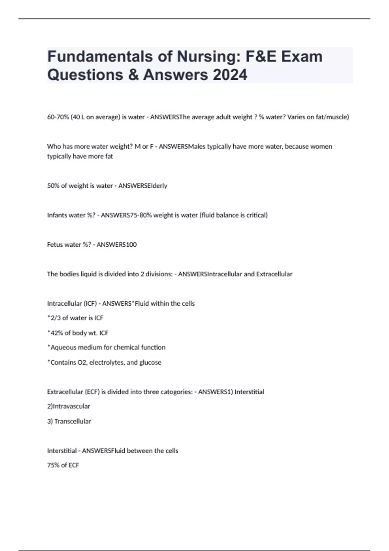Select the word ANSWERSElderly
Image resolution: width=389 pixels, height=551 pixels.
click(143, 186)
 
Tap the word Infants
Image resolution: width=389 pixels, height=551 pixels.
click(57, 215)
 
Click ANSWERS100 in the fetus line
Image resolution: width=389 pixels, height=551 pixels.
click(117, 245)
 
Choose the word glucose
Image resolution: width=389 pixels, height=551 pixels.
click(150, 362)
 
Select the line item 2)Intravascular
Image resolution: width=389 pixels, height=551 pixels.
click(69, 406)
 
